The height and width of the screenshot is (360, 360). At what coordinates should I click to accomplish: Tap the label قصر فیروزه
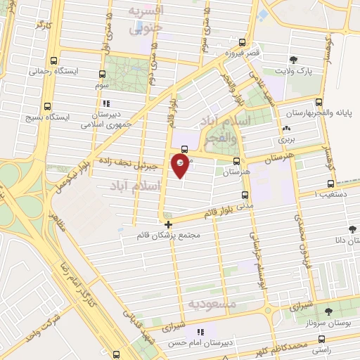[228, 53]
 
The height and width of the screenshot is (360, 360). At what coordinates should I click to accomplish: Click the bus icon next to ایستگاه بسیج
[47, 107]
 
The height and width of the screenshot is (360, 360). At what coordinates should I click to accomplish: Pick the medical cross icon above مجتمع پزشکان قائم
[167, 224]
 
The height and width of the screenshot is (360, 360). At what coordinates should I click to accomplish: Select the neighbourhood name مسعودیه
[207, 303]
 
